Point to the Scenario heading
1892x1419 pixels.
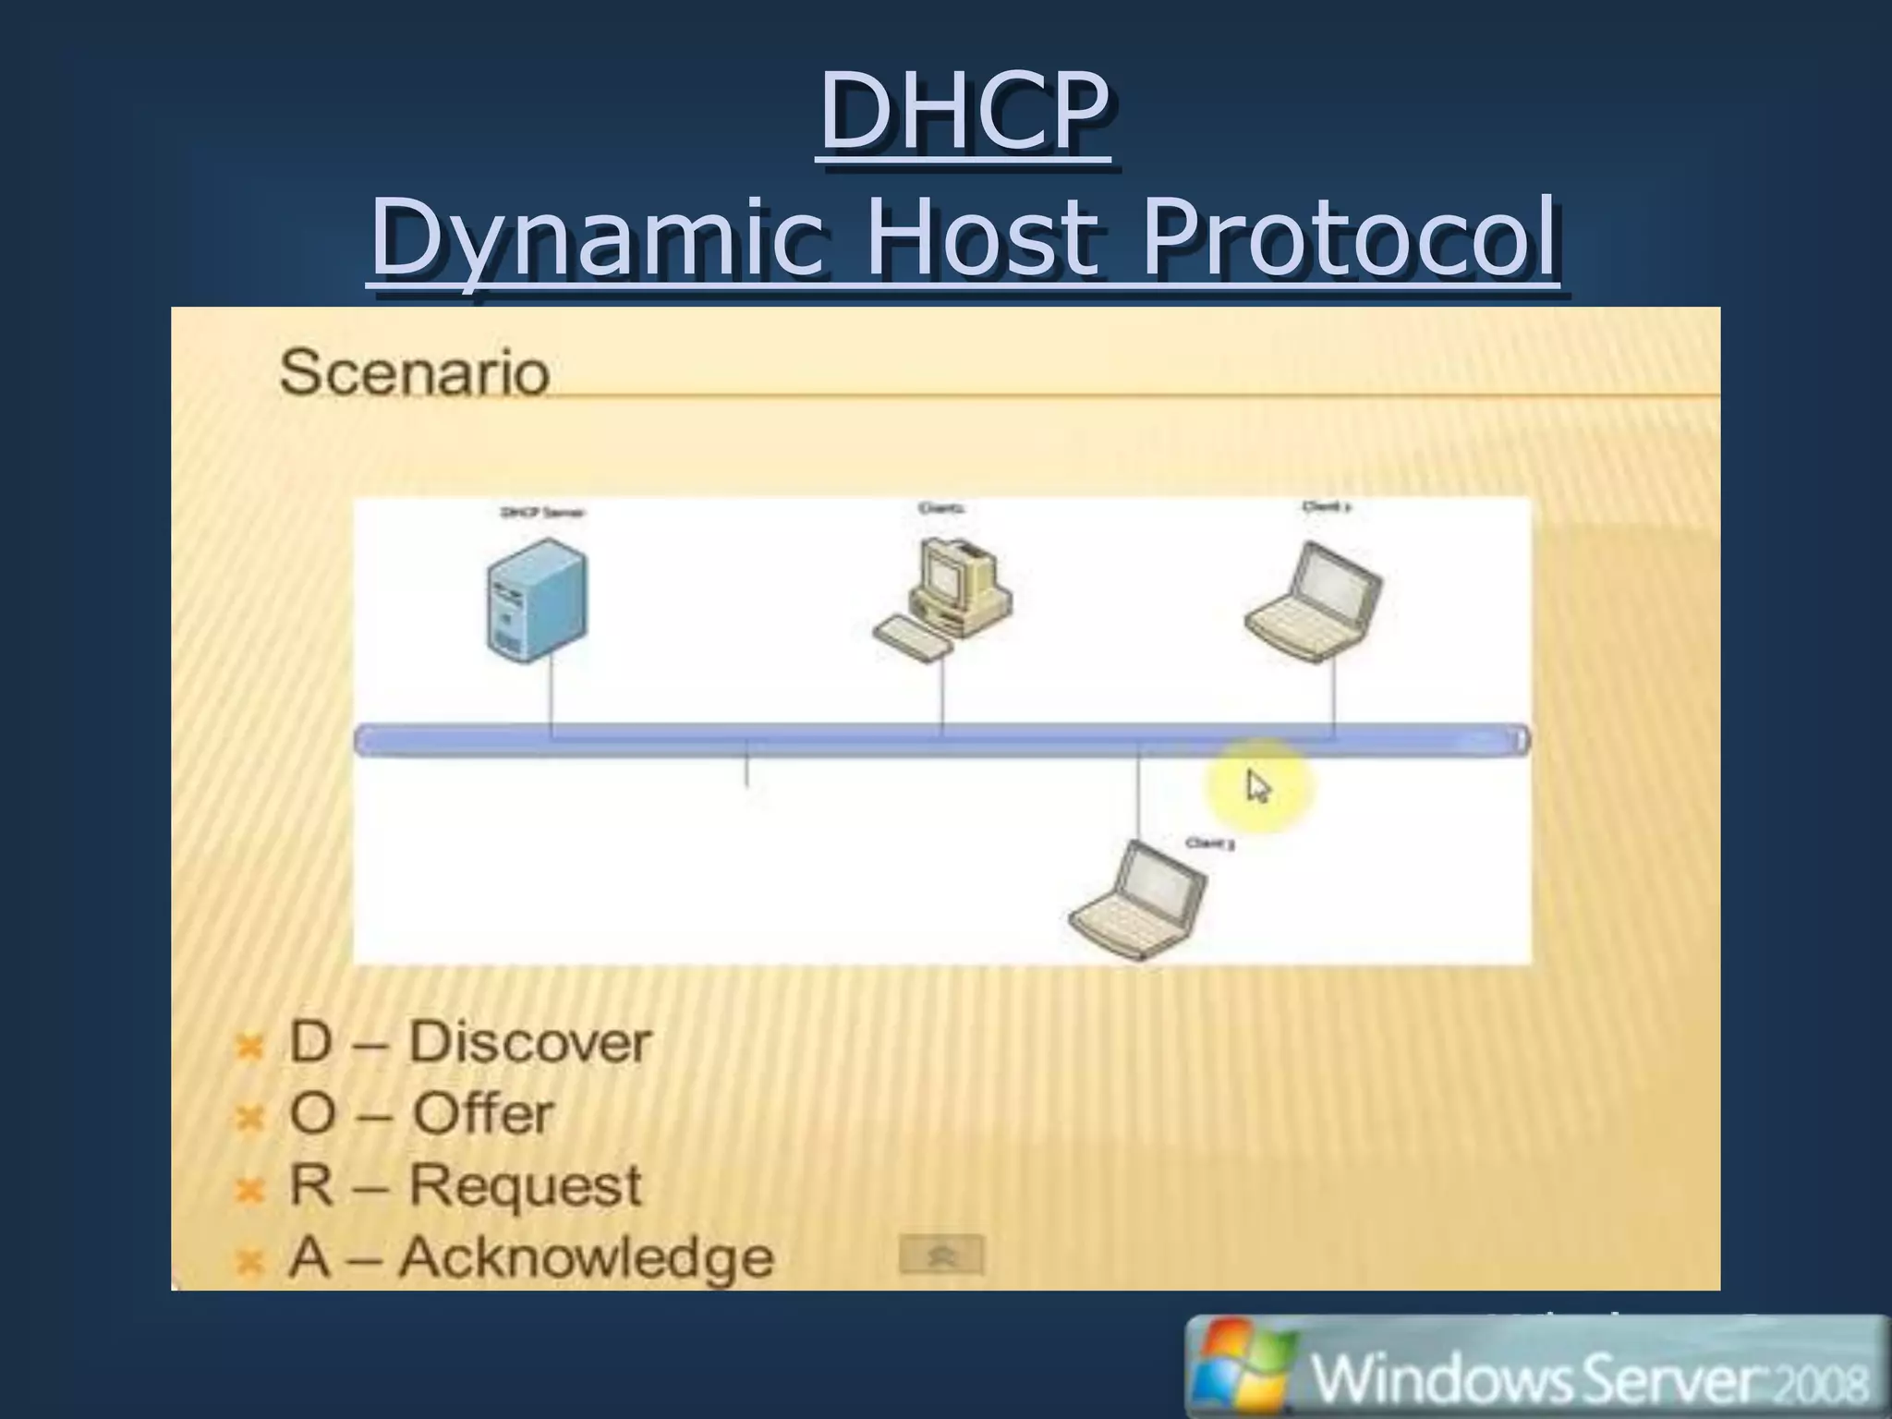click(x=414, y=372)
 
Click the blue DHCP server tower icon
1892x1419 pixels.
click(x=537, y=600)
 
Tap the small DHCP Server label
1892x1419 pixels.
click(x=542, y=512)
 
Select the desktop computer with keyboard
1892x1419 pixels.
click(x=943, y=600)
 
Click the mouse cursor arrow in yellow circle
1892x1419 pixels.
click(x=1258, y=787)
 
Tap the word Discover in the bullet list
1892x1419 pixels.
click(x=530, y=1042)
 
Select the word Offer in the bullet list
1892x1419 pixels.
click(x=482, y=1113)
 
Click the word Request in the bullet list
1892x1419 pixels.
click(x=525, y=1185)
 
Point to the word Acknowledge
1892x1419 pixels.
click(x=586, y=1257)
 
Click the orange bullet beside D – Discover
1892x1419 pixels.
click(x=249, y=1047)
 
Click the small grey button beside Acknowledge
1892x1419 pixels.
click(x=940, y=1255)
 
